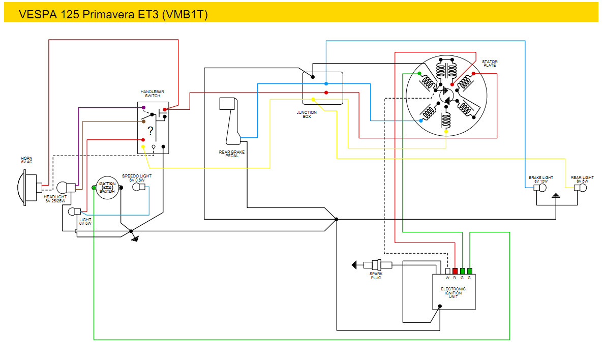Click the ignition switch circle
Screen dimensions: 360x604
pyautogui.click(x=107, y=188)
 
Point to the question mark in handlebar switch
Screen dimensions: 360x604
pyautogui.click(x=150, y=130)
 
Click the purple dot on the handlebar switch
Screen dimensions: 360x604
pyautogui.click(x=143, y=108)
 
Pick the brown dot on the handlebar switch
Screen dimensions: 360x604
pyautogui.click(x=144, y=122)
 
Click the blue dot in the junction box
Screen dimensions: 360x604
pyautogui.click(x=326, y=83)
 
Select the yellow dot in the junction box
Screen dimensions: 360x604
pyautogui.click(x=313, y=99)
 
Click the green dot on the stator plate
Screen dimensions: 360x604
pyautogui.click(x=419, y=74)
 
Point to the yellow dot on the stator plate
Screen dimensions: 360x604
pyautogui.click(x=446, y=132)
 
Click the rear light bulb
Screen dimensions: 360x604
pyautogui.click(x=580, y=188)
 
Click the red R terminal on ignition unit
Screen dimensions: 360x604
pyautogui.click(x=455, y=271)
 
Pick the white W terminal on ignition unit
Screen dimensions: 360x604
pyautogui.click(x=448, y=271)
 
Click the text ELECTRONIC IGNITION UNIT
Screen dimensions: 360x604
pyautogui.click(x=453, y=293)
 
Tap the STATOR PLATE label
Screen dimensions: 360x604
pyautogui.click(x=490, y=64)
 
